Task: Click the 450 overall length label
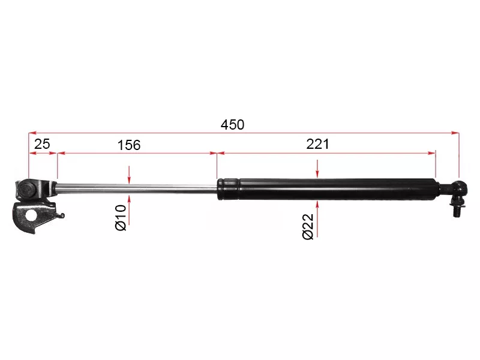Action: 232,125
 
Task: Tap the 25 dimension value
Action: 41,145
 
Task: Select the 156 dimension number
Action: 128,145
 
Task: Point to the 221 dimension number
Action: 318,144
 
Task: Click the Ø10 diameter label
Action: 121,217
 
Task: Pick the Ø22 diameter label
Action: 308,226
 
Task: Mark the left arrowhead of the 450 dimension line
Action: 32,133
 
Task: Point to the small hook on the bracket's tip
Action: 61,215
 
